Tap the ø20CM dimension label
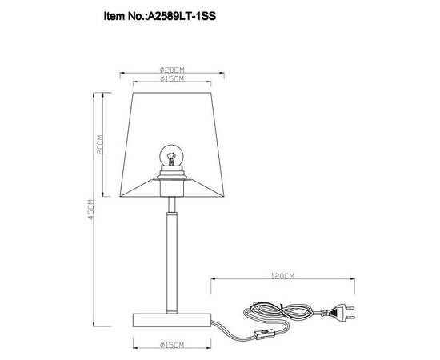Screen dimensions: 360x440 [x=173, y=70]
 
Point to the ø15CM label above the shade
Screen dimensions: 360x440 [x=173, y=78]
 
